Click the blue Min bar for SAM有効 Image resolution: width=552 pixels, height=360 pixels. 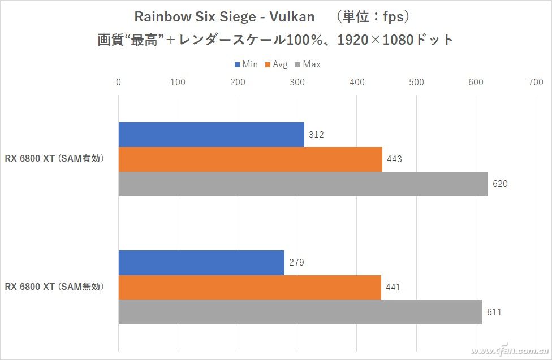[x=211, y=135]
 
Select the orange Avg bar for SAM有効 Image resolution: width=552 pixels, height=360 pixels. [x=250, y=159]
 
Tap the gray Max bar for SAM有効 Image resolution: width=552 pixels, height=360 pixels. [x=303, y=184]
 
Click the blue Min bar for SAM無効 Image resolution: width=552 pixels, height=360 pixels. [x=201, y=263]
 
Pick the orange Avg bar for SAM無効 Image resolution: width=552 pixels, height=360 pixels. [x=249, y=287]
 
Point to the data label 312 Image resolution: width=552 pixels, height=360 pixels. [x=316, y=135]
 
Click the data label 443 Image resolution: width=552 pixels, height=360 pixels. [x=394, y=159]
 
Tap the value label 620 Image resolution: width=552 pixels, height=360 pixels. [x=500, y=184]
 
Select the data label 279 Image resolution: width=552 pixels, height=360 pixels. [x=296, y=263]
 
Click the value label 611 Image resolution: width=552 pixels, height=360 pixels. [x=494, y=312]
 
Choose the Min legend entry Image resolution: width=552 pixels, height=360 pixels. [x=246, y=64]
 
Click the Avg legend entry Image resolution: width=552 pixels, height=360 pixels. [x=277, y=64]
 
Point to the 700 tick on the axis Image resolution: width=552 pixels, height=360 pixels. [x=535, y=83]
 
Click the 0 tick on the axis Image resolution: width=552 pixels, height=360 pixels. [x=118, y=83]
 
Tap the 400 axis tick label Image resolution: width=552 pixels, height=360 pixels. [x=356, y=83]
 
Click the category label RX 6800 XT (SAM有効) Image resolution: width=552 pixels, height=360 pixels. [x=55, y=159]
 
